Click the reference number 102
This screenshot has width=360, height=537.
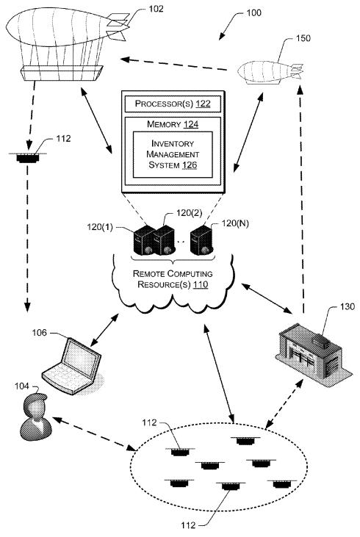tap(156, 9)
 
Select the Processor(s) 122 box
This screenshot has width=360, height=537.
tap(173, 104)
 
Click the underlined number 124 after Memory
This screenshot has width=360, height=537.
tap(191, 124)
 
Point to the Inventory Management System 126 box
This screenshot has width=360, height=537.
tap(173, 154)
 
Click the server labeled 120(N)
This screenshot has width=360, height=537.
tap(202, 240)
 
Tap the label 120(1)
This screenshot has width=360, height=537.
tap(100, 227)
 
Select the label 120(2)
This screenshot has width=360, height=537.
tap(189, 213)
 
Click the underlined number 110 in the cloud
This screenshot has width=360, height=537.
tap(201, 284)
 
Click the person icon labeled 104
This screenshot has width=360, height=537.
tap(35, 417)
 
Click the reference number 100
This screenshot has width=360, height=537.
tap(253, 12)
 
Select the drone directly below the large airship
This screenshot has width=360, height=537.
tap(28, 157)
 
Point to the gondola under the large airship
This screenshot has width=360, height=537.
tap(62, 73)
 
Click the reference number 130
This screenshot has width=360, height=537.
tap(347, 306)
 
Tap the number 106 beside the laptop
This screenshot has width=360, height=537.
tap(40, 333)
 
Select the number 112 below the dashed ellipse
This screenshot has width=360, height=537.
tap(188, 525)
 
